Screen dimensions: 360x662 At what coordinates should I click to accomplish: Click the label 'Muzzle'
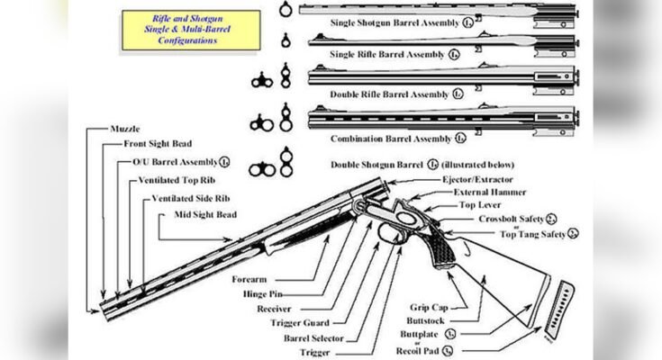click(128, 130)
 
